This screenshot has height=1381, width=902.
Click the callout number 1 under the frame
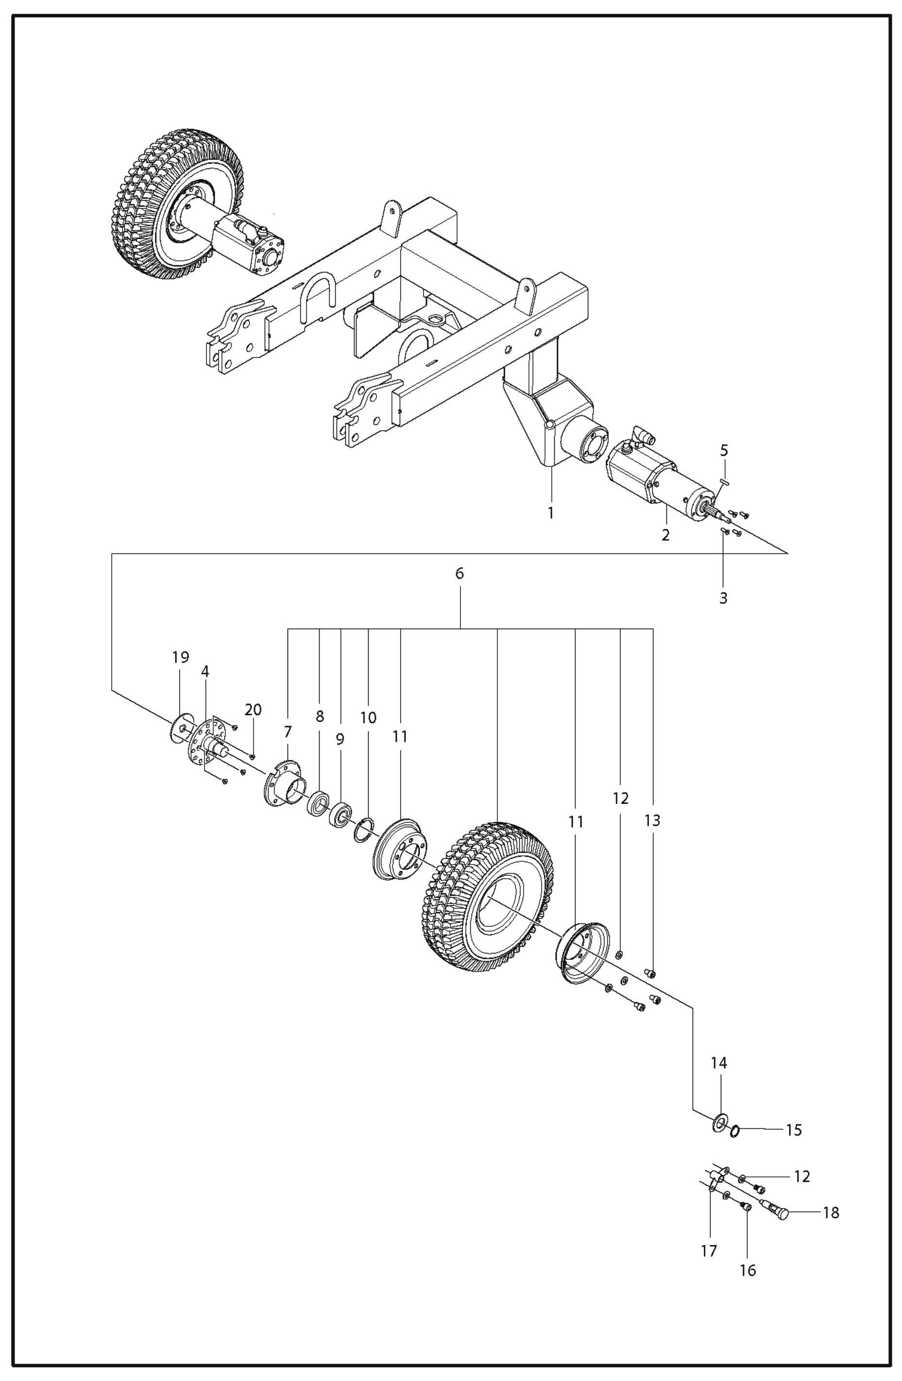(550, 513)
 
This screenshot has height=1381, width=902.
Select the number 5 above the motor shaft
(724, 450)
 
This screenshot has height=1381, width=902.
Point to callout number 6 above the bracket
(460, 574)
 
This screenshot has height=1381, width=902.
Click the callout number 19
(180, 657)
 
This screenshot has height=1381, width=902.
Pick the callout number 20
(253, 710)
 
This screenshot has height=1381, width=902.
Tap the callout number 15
(794, 1130)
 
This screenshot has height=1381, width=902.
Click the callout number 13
(652, 820)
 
